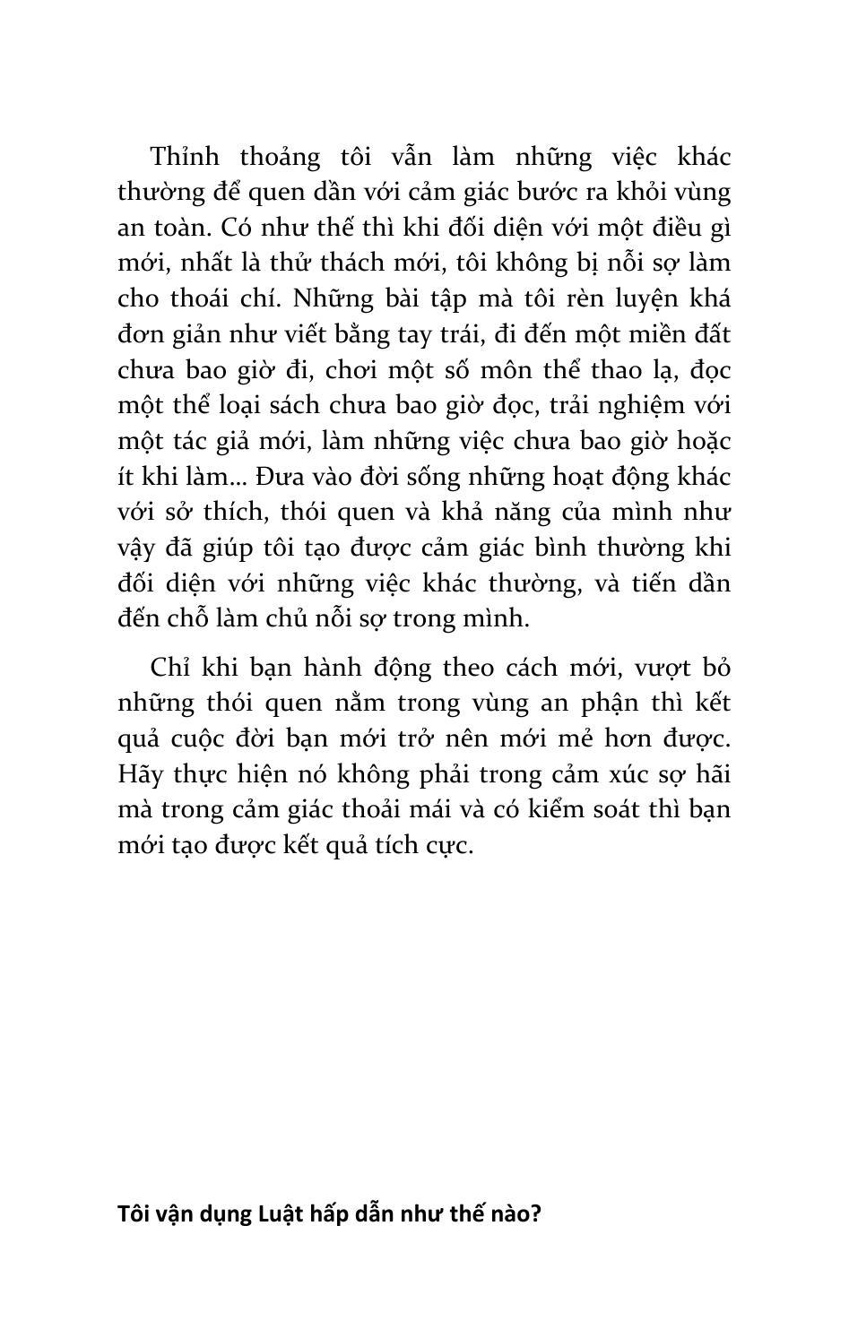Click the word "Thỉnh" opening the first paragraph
pyautogui.click(x=185, y=157)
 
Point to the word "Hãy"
pyautogui.click(x=138, y=774)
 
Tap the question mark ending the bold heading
pyautogui.click(x=536, y=1214)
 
